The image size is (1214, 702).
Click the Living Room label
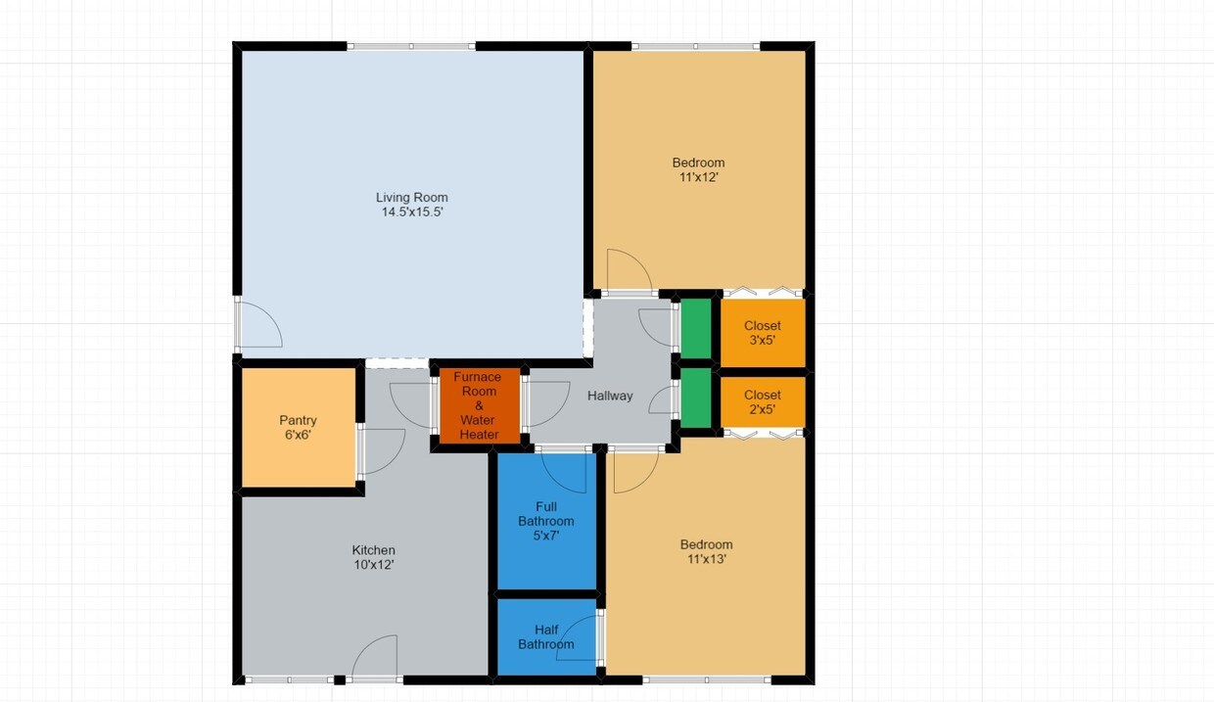tap(412, 198)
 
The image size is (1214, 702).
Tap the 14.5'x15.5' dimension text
tap(412, 211)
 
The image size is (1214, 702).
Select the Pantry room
tap(298, 427)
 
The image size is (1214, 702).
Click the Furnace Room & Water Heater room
tap(480, 405)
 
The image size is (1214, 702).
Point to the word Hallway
tap(610, 396)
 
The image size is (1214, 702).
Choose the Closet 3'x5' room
tap(763, 333)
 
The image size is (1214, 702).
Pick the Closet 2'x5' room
tap(763, 402)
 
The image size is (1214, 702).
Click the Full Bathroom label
tap(545, 514)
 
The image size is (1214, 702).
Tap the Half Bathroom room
tap(547, 637)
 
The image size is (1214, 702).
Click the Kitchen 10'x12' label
tap(374, 557)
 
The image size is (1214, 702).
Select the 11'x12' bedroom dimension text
tap(699, 177)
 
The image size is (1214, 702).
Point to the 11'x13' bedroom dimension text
tap(707, 559)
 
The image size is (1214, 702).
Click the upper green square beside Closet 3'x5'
tap(696, 329)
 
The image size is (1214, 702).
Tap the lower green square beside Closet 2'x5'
tap(696, 398)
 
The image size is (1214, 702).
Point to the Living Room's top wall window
tap(411, 47)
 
